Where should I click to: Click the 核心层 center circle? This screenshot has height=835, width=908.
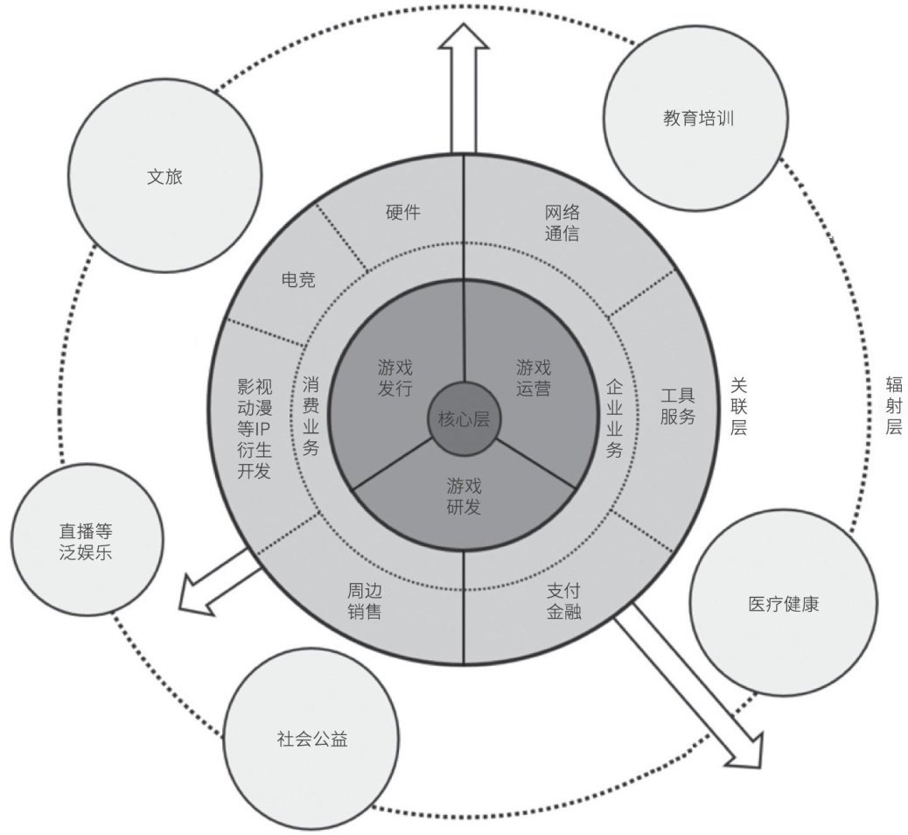pyautogui.click(x=463, y=419)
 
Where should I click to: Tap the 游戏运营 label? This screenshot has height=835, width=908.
pyautogui.click(x=533, y=376)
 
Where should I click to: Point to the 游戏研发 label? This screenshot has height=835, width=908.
pyautogui.click(x=464, y=495)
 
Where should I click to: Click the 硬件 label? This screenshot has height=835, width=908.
pyautogui.click(x=403, y=212)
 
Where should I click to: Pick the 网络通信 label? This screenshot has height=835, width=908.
pyautogui.click(x=562, y=223)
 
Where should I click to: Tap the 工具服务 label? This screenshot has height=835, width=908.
pyautogui.click(x=677, y=405)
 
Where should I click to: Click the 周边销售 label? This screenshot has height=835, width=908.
pyautogui.click(x=363, y=600)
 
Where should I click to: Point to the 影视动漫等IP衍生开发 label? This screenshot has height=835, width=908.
pyautogui.click(x=255, y=428)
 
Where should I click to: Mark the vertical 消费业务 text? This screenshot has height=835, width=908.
pyautogui.click(x=311, y=416)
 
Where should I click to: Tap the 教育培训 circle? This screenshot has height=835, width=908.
pyautogui.click(x=697, y=117)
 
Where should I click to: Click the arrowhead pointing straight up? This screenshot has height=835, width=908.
pyautogui.click(x=464, y=37)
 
